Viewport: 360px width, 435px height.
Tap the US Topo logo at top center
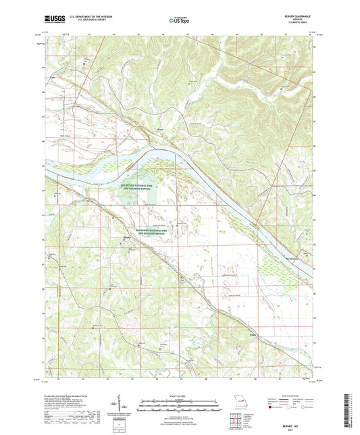(x=174, y=22)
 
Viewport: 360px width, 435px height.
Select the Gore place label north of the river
(x=160, y=130)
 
